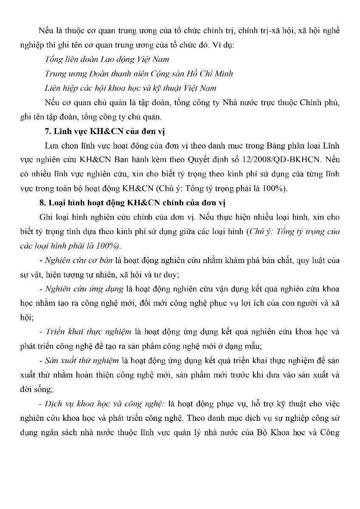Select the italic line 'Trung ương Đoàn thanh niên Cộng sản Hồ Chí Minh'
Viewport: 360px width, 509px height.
click(138, 74)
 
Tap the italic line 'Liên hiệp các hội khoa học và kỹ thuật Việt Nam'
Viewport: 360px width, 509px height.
click(130, 88)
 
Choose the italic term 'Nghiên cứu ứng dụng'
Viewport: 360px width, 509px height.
click(81, 288)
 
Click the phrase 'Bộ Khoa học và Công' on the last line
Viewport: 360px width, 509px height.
click(304, 433)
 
